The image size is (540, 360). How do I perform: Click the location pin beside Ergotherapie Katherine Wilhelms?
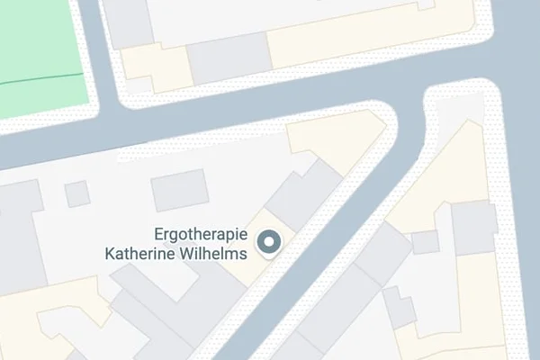(269, 242)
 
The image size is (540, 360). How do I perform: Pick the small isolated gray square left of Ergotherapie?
(77, 193)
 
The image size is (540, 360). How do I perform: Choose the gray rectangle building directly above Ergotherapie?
(179, 190)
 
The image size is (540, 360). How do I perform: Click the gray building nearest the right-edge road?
(473, 227)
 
